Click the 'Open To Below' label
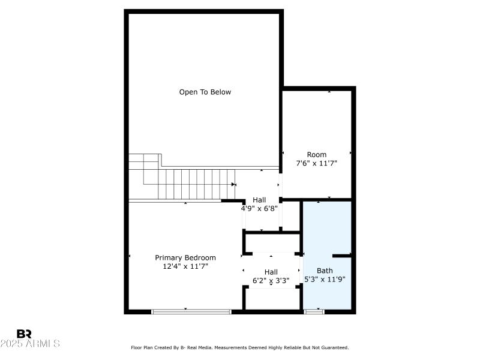point(205,92)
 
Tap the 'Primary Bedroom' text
point(185,257)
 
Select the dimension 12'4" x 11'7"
point(185,266)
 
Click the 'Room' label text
point(317,155)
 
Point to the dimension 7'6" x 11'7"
point(317,163)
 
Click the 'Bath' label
point(325,271)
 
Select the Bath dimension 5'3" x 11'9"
point(325,279)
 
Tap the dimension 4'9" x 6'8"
point(259,208)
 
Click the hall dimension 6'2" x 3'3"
point(271,280)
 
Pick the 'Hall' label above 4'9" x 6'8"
point(259,200)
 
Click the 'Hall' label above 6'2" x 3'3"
point(271,272)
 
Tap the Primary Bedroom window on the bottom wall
point(191,311)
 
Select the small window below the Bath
point(314,311)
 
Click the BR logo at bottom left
point(25,334)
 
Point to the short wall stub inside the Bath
point(341,256)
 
